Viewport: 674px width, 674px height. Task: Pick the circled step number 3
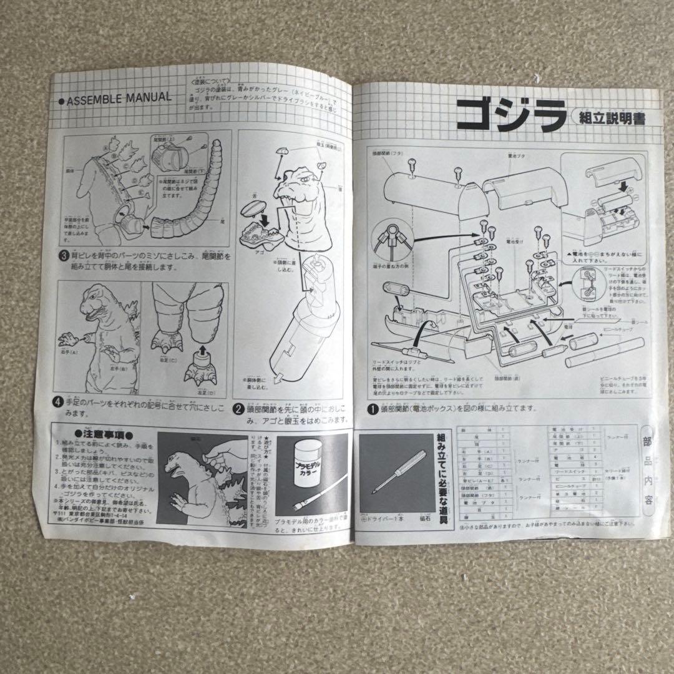point(64,256)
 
